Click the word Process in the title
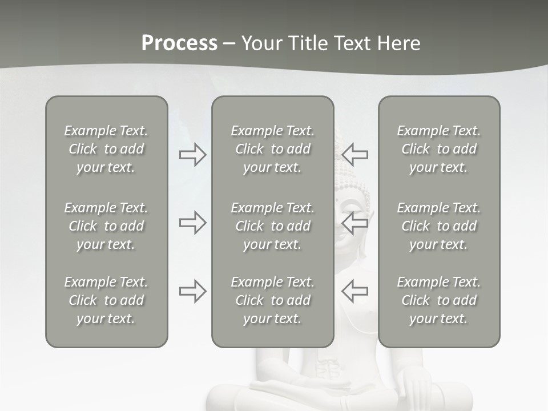pyautogui.click(x=179, y=43)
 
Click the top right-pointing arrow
pyautogui.click(x=192, y=154)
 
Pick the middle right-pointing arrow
pyautogui.click(x=192, y=223)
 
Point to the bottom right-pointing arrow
pyautogui.click(x=192, y=291)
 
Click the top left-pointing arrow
pyautogui.click(x=354, y=154)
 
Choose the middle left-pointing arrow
pyautogui.click(x=354, y=223)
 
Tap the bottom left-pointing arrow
pyautogui.click(x=354, y=291)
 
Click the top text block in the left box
pyautogui.click(x=106, y=149)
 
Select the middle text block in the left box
pyautogui.click(x=106, y=226)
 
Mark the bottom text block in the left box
pyautogui.click(x=106, y=300)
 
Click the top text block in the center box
pyautogui.click(x=272, y=149)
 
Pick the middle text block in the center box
pyautogui.click(x=272, y=226)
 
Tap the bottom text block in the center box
pyautogui.click(x=272, y=300)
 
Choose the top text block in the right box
pyautogui.click(x=438, y=149)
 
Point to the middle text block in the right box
pyautogui.click(x=438, y=226)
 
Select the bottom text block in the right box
pyautogui.click(x=438, y=300)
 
